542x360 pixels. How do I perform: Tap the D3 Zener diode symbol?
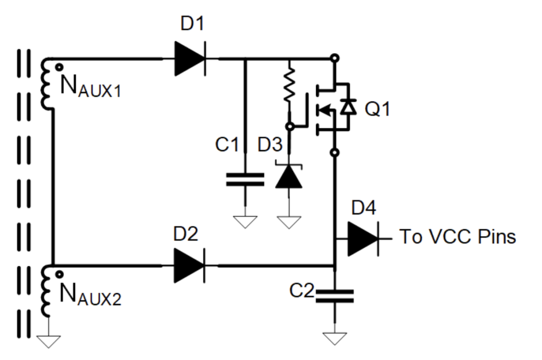coord(289,176)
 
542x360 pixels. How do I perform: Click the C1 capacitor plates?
coord(245,179)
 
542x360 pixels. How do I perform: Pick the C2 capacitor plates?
coord(334,295)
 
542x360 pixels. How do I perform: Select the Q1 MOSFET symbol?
coord(331,108)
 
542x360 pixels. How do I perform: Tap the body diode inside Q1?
coord(347,107)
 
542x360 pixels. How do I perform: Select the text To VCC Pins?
coord(457,236)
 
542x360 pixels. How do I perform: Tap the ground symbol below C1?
coord(245,221)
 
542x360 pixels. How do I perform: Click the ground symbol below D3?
coord(289,221)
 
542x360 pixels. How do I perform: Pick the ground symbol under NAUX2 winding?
coord(49,341)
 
